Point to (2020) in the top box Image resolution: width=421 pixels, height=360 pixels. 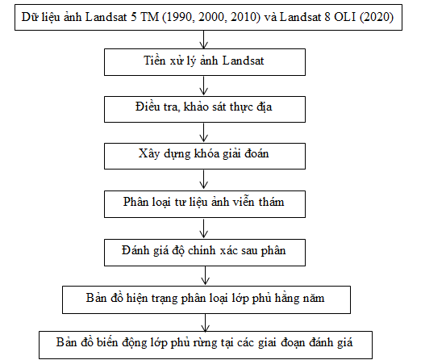[377, 17]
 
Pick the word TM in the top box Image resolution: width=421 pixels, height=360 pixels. [150, 17]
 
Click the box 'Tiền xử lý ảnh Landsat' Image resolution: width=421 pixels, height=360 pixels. [205, 62]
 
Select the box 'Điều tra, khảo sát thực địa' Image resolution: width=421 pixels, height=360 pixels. [205, 109]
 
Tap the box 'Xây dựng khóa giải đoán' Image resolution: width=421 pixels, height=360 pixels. [205, 156]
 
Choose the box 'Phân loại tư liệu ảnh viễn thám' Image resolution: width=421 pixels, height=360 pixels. [205, 204]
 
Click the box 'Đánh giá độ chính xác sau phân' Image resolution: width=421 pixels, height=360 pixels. [205, 253]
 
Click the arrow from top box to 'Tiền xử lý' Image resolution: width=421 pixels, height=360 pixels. [203, 40]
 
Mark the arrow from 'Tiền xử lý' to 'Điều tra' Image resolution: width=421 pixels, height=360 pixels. [203, 86]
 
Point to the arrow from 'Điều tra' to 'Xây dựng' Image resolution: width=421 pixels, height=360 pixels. [203, 132]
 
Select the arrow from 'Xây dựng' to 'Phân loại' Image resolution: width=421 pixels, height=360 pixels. [203, 180]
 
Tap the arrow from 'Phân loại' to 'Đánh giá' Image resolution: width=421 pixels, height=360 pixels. [203, 228]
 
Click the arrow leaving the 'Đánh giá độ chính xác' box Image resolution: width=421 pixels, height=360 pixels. [205, 276]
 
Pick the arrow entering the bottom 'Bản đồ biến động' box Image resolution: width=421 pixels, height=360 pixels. [205, 323]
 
